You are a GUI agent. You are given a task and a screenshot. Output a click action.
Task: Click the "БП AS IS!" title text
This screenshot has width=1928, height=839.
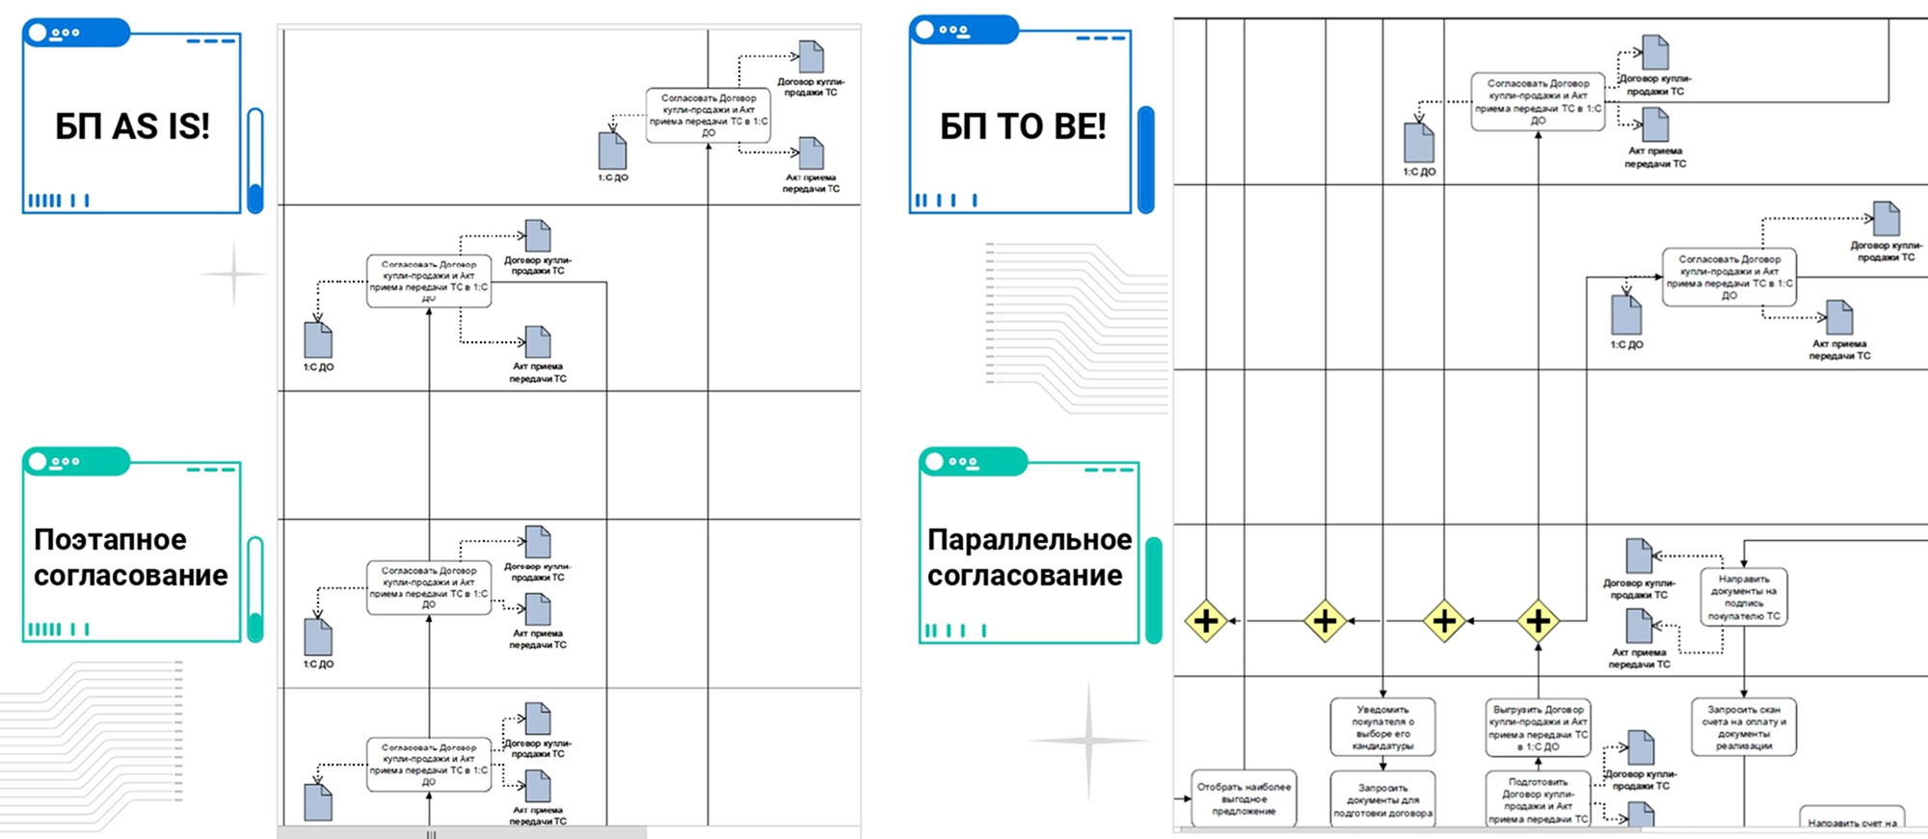coord(132,126)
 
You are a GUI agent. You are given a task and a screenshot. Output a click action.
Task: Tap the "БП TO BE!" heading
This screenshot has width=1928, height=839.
coord(1022,126)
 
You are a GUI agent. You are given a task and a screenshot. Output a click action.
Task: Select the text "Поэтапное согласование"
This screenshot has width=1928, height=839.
coord(131,557)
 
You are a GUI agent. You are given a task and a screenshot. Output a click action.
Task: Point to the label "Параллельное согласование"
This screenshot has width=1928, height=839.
coord(1029,557)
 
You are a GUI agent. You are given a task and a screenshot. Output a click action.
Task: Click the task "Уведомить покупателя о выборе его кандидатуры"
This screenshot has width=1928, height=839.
coord(1382,727)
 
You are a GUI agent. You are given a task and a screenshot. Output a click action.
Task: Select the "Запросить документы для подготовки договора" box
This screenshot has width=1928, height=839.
coord(1382,799)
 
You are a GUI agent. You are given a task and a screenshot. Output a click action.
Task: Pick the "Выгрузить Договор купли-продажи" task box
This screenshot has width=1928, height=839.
coord(1538,727)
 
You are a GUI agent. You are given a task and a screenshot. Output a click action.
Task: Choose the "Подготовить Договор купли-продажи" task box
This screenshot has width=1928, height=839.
coord(1538,800)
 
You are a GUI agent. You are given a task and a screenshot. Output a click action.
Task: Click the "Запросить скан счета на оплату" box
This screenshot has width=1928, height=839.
coord(1743,727)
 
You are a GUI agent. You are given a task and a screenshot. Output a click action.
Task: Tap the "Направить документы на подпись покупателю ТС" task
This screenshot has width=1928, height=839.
coord(1743,597)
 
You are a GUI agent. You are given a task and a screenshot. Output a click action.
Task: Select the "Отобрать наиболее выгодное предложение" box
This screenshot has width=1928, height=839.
coord(1244,798)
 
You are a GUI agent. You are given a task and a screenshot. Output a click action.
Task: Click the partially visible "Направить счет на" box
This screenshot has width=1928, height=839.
coord(1851,819)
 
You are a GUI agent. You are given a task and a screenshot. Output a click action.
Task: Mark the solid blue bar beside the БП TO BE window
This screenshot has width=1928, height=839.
coord(1146,159)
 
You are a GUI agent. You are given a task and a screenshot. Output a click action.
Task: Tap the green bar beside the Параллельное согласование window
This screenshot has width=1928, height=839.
coord(1153,590)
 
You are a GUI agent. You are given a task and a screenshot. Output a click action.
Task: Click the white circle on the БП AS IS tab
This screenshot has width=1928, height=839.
coord(38,33)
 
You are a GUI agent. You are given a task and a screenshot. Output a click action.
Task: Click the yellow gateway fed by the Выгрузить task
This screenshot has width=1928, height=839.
coord(1538,621)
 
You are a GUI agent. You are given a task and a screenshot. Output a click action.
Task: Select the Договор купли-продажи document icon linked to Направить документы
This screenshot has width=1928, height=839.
coord(1639,557)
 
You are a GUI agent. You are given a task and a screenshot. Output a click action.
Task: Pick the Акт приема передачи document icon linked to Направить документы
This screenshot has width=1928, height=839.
coord(1639,627)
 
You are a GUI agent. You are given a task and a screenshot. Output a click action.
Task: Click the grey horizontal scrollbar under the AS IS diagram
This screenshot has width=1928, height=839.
coord(463,832)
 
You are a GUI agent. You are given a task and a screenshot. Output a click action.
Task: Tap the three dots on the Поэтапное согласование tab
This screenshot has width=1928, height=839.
coord(66,462)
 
